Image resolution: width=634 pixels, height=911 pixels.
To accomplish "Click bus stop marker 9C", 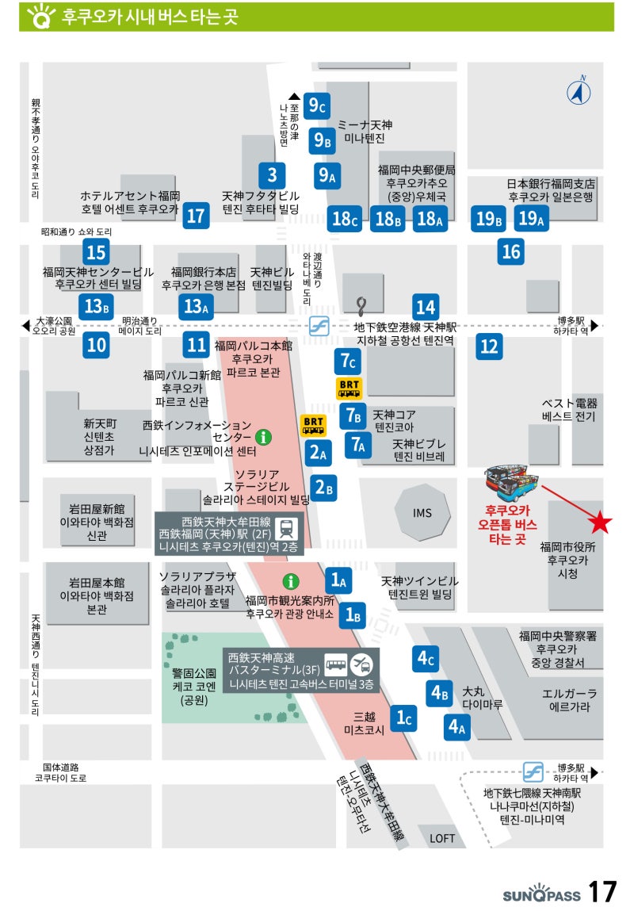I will click(319, 105).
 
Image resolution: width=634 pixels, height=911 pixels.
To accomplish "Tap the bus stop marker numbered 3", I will click(272, 174).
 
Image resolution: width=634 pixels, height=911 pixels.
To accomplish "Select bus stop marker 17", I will click(195, 215).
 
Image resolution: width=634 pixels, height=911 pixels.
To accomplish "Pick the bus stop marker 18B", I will click(388, 218).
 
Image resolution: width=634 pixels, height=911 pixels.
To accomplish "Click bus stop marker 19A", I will click(531, 218).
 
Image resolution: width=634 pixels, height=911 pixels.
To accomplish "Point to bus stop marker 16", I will click(511, 251).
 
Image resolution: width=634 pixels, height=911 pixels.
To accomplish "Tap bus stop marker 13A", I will click(195, 305).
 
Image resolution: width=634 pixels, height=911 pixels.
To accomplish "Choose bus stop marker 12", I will click(489, 346).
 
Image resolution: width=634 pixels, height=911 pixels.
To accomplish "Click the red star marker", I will click(601, 522).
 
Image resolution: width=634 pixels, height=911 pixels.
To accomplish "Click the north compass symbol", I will click(579, 92).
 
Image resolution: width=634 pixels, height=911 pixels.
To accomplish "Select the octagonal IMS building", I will click(422, 513).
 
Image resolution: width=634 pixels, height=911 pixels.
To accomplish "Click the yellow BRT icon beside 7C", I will click(349, 388).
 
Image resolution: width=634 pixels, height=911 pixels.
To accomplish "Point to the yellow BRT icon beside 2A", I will click(314, 427).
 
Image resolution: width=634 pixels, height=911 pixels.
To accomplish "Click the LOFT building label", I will click(442, 837).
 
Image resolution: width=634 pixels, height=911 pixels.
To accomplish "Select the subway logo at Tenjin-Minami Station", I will click(533, 771).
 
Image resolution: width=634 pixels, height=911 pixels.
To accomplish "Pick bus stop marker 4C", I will click(426, 657).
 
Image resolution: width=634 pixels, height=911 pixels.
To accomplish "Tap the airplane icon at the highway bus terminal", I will click(360, 663).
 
